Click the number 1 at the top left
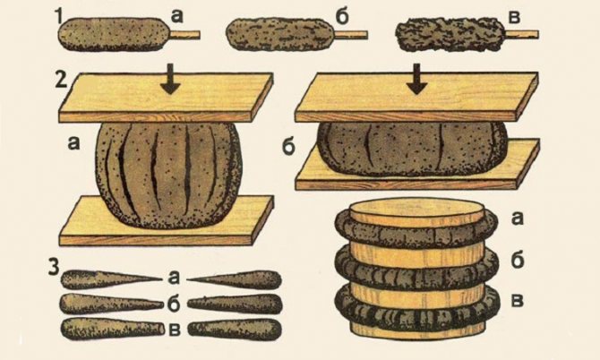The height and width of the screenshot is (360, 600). tap(60, 14)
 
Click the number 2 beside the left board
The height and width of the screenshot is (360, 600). tap(60, 79)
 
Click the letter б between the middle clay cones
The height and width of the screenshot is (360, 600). tap(172, 303)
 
